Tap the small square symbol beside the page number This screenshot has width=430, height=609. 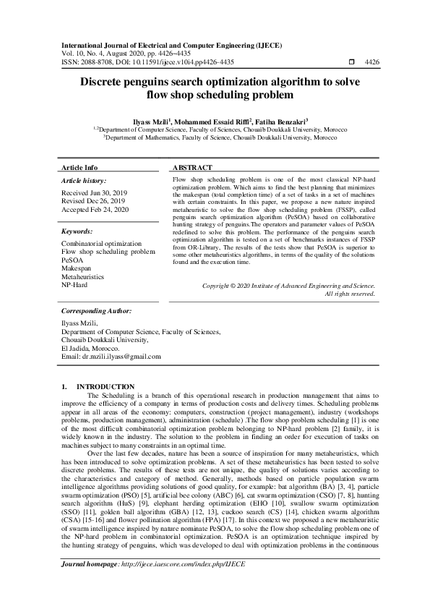[x=350, y=63]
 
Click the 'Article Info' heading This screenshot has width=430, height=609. [x=79, y=167]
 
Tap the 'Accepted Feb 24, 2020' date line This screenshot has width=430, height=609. [x=95, y=209]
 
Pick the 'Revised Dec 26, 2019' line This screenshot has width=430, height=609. [x=93, y=201]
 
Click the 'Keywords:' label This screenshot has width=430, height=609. [x=77, y=231]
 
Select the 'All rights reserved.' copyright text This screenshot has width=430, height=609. [x=350, y=294]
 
